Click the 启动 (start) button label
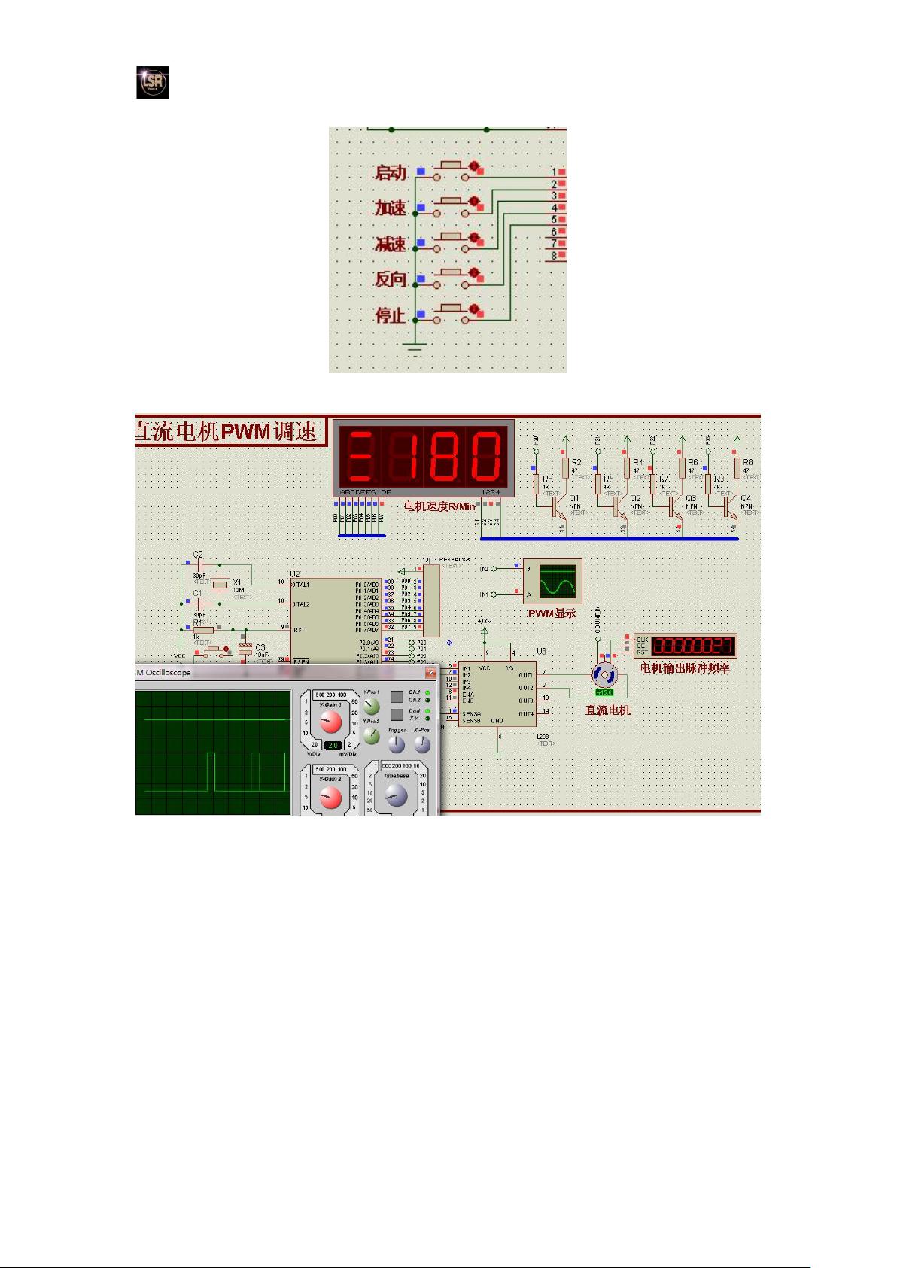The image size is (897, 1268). click(x=391, y=172)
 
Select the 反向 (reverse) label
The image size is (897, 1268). click(x=391, y=279)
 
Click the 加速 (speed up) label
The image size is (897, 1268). click(x=391, y=208)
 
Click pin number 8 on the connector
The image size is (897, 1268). click(x=554, y=256)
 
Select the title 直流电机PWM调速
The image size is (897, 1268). click(x=230, y=432)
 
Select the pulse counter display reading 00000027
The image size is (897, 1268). click(x=692, y=646)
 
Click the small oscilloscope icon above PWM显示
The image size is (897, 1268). click(x=557, y=581)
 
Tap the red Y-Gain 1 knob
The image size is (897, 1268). click(x=330, y=723)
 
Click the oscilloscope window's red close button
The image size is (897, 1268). click(x=430, y=673)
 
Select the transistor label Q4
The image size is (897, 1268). click(x=745, y=498)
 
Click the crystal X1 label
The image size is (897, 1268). click(x=237, y=582)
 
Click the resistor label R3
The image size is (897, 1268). click(x=547, y=479)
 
